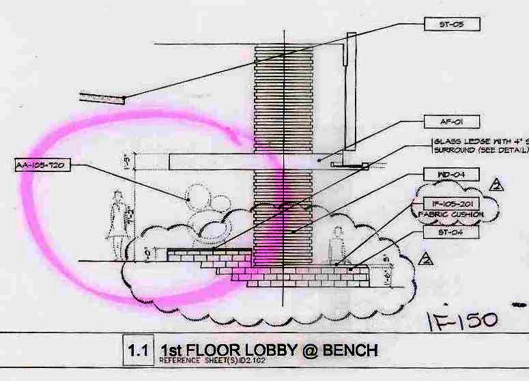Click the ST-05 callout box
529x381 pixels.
coord(452,25)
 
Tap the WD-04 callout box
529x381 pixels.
coord(450,175)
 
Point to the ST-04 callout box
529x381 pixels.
coord(450,232)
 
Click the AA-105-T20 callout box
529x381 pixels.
coord(42,166)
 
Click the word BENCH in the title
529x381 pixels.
coord(350,351)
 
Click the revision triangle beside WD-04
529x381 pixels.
coord(498,183)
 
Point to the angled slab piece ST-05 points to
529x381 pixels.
coord(102,98)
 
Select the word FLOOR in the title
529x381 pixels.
coord(207,351)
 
